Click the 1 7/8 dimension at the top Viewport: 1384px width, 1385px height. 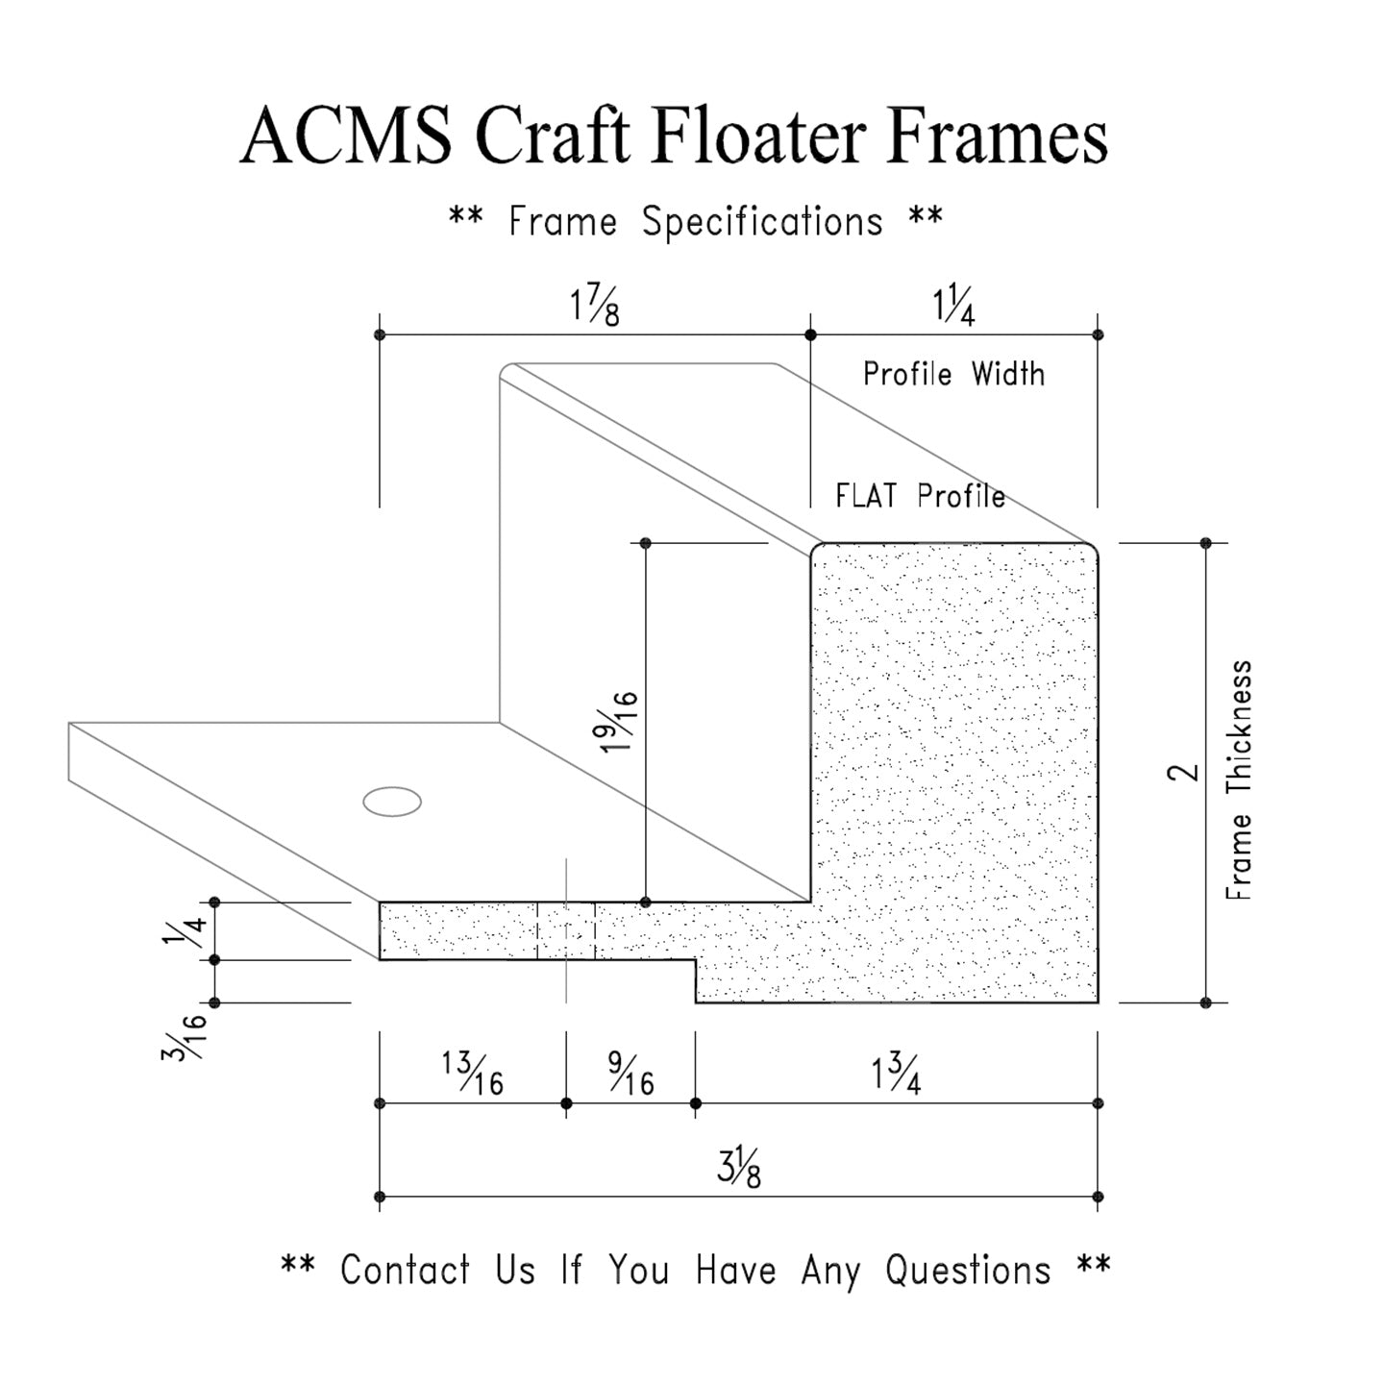coord(595,308)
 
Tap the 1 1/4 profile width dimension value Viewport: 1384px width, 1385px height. coord(953,308)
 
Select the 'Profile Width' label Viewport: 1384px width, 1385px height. coord(953,374)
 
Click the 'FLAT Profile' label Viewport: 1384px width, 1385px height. coord(920,496)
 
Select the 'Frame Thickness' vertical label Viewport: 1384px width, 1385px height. coord(1240,779)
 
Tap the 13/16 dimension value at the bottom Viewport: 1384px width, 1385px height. coord(473,1074)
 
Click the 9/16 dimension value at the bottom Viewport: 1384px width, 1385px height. coord(631,1074)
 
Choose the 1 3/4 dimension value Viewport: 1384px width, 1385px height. coord(897,1074)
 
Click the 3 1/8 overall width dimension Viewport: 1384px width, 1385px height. coord(739,1168)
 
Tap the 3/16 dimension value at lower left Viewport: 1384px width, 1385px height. coord(185,1034)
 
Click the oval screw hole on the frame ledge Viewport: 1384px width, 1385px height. coord(392,802)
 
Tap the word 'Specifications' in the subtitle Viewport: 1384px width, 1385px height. coord(762,222)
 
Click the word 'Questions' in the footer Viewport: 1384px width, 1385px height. coord(967,1270)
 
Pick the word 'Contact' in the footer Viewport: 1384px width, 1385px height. coord(405,1270)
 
